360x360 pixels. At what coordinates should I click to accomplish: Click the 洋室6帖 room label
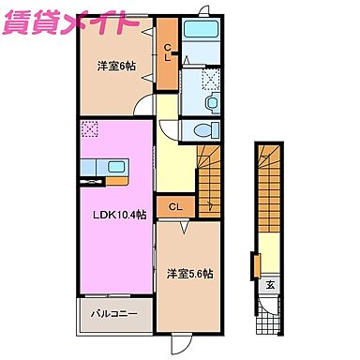114,67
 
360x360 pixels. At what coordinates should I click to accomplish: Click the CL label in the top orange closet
170,53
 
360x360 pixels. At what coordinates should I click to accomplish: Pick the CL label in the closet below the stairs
175,207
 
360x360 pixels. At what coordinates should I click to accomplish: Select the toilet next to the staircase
206,129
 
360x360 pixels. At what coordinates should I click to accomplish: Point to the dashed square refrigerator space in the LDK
89,128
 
